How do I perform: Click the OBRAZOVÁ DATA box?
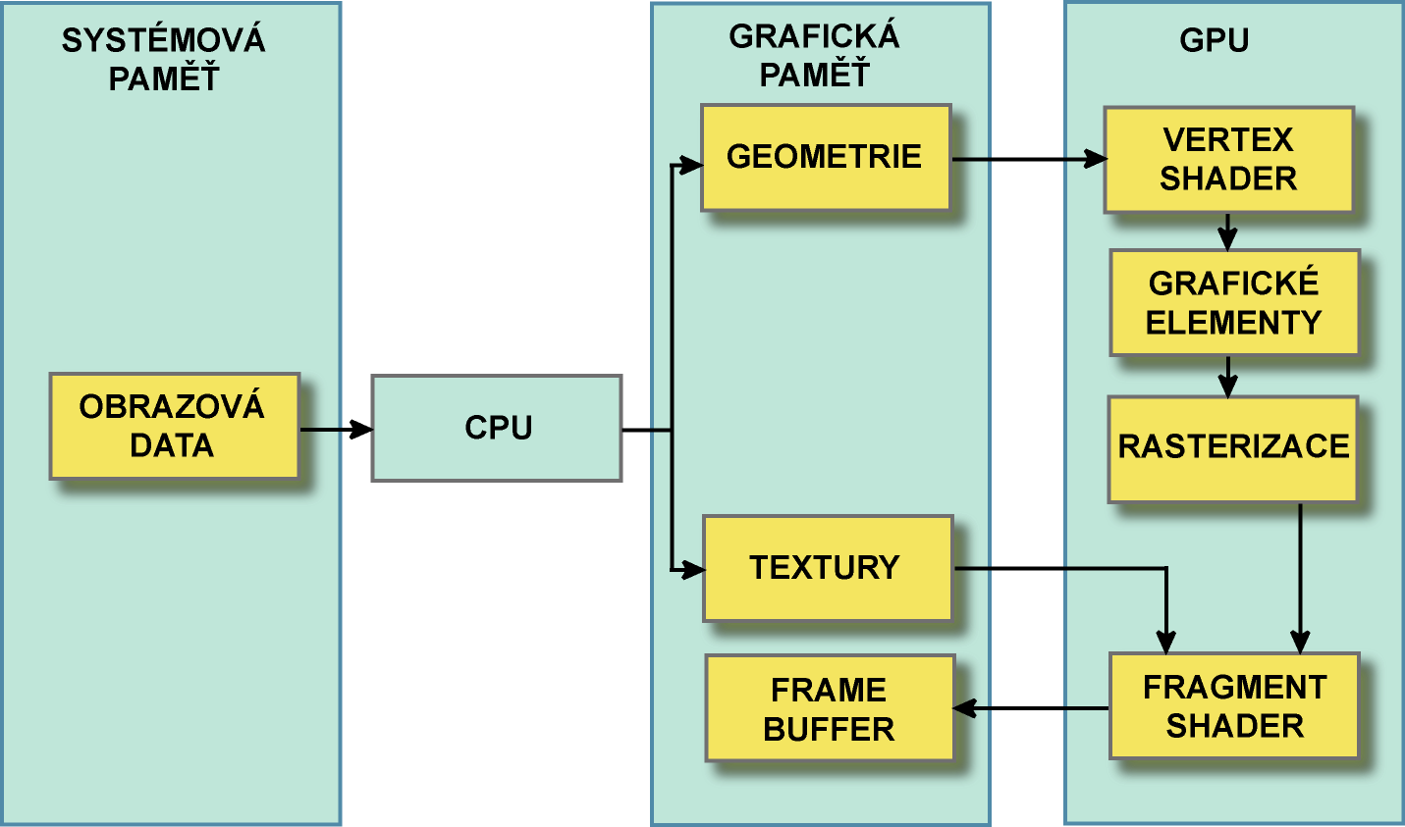point(174,426)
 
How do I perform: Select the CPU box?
point(497,428)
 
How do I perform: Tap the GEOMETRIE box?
point(825,157)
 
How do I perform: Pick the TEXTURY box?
point(827,568)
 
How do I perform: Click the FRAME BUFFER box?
point(830,708)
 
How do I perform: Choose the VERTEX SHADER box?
point(1228,159)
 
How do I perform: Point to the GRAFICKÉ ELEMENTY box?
point(1234,302)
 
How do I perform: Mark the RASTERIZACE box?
point(1232,448)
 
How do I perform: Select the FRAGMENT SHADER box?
point(1234,705)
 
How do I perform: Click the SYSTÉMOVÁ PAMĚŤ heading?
point(163,59)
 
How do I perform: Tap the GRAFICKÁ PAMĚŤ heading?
point(814,55)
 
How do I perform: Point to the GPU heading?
point(1214,40)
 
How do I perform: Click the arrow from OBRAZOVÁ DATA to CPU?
point(335,429)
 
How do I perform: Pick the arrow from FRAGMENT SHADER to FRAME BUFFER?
point(1031,707)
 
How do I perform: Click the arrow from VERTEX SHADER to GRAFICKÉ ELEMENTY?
point(1227,233)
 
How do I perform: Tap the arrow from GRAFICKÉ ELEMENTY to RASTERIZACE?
point(1227,377)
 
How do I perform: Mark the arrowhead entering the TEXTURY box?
point(693,569)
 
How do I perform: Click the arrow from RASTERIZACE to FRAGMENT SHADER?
point(1300,578)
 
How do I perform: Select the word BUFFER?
point(829,729)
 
